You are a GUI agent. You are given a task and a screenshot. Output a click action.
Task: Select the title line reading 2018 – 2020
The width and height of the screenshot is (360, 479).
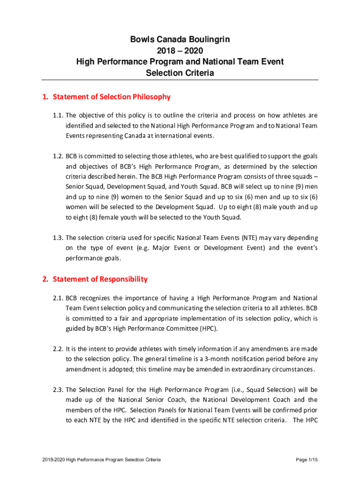pyautogui.click(x=180, y=51)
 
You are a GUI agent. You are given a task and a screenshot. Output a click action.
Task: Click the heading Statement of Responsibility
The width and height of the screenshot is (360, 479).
pyautogui.click(x=100, y=279)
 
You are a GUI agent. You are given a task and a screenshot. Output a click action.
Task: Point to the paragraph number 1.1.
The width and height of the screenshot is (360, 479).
pyautogui.click(x=58, y=115)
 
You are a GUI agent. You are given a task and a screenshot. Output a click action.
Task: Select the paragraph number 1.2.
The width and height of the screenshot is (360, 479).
pyautogui.click(x=58, y=156)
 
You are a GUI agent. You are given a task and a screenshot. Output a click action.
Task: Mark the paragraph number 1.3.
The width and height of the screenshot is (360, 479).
pyautogui.click(x=58, y=238)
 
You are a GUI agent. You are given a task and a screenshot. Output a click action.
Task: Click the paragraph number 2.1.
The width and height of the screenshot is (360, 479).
pyautogui.click(x=58, y=298)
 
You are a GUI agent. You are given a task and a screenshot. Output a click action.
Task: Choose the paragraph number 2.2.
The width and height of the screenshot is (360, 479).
pyautogui.click(x=58, y=349)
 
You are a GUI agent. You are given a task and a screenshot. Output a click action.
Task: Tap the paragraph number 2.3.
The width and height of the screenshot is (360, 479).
pyautogui.click(x=58, y=390)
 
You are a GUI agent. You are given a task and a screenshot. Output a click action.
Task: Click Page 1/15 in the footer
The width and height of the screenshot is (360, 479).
pyautogui.click(x=307, y=460)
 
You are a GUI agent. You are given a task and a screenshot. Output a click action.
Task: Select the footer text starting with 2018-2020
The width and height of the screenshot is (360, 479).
pyautogui.click(x=101, y=460)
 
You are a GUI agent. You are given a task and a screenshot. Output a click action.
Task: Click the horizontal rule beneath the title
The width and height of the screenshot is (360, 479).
pyautogui.click(x=180, y=80)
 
